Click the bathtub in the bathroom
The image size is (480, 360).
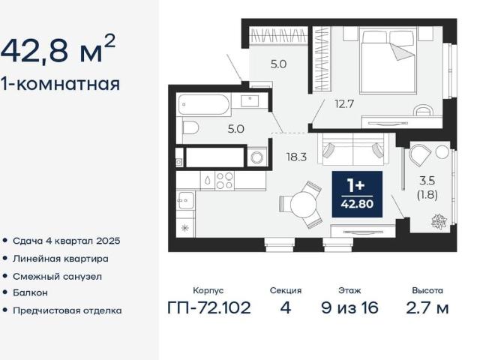pos(204,104)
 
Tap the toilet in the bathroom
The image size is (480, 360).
pos(190,127)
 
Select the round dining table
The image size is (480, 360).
pos(302,205)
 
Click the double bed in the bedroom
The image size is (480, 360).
pos(388,60)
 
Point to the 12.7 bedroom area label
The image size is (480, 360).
pos(344,104)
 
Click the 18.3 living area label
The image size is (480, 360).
pos(296,157)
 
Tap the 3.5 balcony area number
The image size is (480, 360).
pos(427,181)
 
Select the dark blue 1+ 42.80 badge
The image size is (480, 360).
pos(357,194)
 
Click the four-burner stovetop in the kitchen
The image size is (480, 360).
pos(225,181)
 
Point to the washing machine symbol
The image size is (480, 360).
pos(256,157)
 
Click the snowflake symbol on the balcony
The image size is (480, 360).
pos(439,221)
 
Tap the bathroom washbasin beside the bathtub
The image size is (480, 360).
pos(250,100)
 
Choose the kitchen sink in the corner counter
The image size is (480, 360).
pos(186,200)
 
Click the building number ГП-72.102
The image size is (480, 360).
pos(209,307)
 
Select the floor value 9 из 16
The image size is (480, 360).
pos(349,307)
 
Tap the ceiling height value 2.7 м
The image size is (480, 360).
pos(427,307)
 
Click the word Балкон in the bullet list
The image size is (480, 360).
pos(30,292)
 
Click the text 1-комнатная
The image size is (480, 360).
pos(60,83)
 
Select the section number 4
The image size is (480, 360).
pos(285,307)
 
